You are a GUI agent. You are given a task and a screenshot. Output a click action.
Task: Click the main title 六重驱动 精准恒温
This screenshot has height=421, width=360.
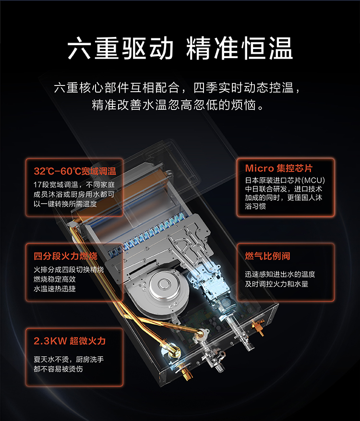180,48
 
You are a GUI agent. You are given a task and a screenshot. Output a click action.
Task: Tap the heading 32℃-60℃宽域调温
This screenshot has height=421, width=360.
75,171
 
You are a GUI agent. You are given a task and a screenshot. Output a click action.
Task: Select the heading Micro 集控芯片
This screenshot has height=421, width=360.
279,168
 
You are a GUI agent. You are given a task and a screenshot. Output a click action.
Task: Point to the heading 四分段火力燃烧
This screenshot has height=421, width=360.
65,256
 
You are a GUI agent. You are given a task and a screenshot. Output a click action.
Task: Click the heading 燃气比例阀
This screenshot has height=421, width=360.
268,256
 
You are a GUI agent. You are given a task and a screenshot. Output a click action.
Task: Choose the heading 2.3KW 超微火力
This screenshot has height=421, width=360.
70,341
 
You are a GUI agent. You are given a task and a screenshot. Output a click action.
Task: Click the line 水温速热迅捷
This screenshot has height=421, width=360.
55,289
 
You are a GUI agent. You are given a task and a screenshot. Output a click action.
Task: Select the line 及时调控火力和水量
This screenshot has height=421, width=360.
276,284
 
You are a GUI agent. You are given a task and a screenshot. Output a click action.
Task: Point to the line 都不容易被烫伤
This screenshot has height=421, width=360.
58,369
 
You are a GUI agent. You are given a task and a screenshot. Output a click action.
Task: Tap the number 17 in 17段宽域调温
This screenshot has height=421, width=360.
37,185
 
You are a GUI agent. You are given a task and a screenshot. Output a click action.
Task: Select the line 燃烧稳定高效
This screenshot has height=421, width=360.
55,279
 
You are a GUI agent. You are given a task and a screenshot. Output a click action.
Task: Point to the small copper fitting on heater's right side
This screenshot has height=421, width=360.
258,327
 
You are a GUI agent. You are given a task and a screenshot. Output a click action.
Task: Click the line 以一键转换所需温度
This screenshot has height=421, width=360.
65,204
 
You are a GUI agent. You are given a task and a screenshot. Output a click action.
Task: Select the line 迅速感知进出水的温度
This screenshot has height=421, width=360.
280,274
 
